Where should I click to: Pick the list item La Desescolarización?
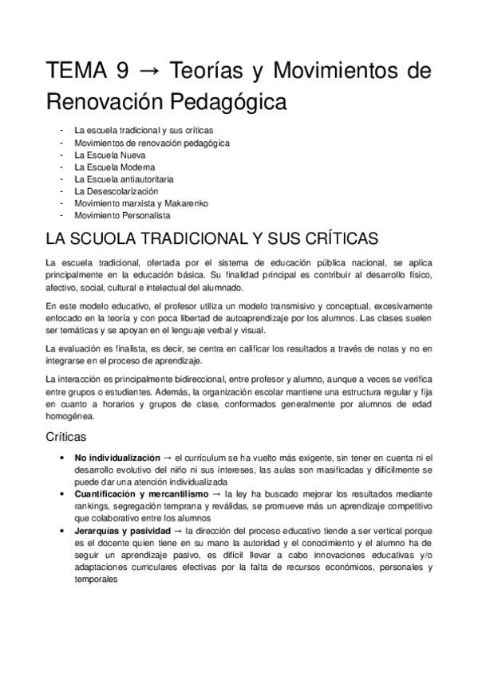click(x=117, y=191)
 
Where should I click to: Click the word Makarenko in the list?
click(x=187, y=203)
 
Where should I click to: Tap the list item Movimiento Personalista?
click(x=122, y=215)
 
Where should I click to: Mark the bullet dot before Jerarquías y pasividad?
click(x=63, y=531)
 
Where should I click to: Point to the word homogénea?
click(x=70, y=416)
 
